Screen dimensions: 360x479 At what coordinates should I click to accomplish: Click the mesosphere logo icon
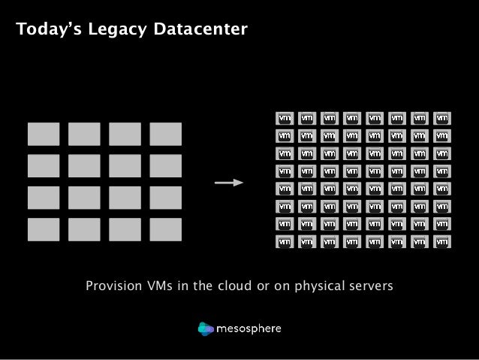click(x=206, y=328)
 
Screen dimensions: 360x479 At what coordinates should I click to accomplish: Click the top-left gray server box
click(x=43, y=134)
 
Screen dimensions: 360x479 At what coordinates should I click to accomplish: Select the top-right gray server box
click(x=166, y=134)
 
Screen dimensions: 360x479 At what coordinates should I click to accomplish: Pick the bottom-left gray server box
click(x=43, y=230)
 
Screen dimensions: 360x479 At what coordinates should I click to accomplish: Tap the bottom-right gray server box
click(x=166, y=230)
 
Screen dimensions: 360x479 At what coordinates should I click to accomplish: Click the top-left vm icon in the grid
click(x=285, y=118)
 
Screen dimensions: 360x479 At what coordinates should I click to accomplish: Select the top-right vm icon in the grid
click(x=442, y=118)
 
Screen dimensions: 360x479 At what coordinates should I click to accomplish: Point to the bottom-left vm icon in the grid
click(x=285, y=243)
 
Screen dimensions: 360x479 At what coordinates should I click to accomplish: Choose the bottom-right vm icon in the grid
click(x=442, y=243)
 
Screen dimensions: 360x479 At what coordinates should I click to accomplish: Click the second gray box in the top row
click(x=84, y=134)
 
